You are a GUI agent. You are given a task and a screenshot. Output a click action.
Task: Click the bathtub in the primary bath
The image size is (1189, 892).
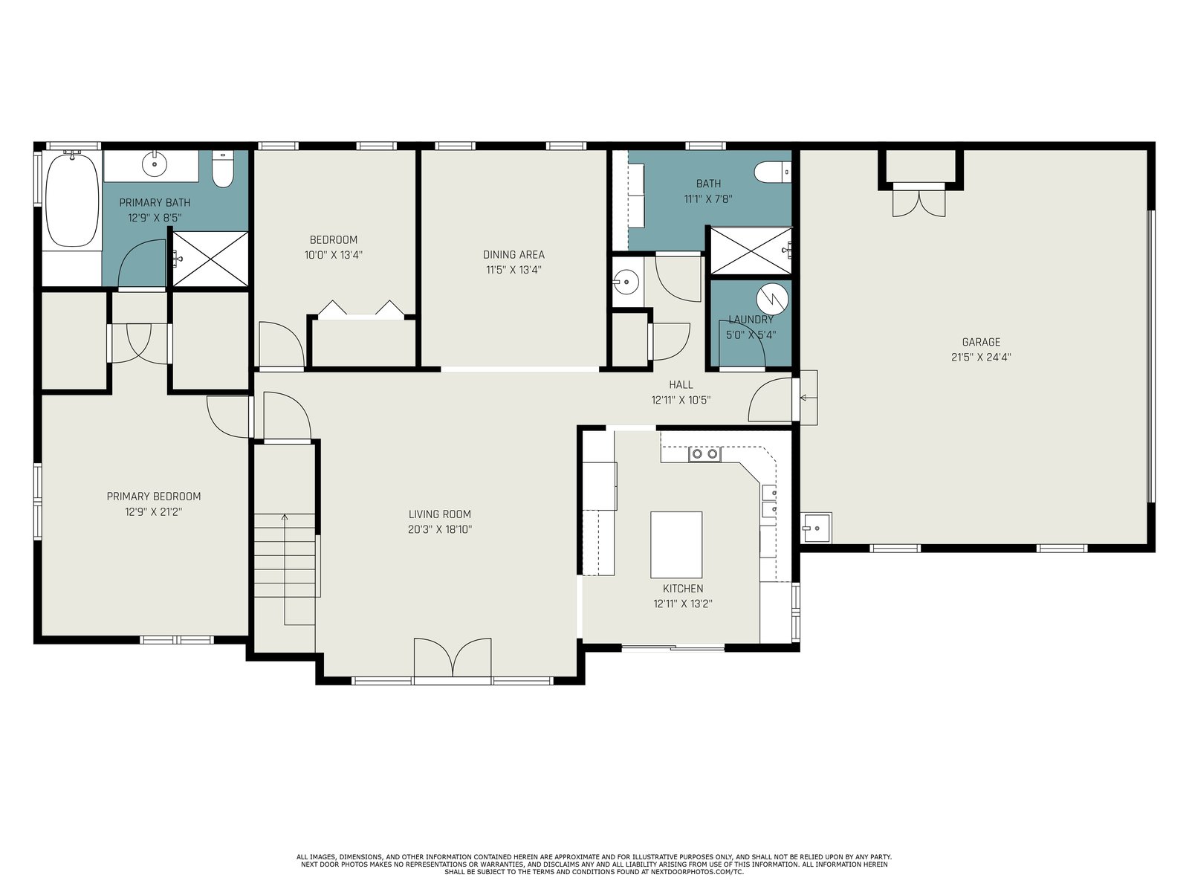click(73, 200)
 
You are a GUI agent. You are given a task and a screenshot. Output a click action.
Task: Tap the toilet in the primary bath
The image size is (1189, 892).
click(222, 169)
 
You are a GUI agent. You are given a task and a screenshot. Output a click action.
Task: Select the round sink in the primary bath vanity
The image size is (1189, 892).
click(155, 164)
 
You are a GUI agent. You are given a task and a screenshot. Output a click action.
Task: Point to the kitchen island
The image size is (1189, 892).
click(676, 545)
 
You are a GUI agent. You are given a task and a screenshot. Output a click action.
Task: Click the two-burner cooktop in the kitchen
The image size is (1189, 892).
click(704, 454)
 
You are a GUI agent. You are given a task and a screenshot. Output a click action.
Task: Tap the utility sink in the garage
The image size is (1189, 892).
click(816, 528)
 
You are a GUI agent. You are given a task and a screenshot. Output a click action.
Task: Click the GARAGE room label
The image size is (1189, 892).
click(981, 342)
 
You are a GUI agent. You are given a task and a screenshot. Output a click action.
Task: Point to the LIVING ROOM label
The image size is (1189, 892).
click(440, 514)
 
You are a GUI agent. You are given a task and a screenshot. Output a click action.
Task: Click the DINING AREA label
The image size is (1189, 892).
click(513, 254)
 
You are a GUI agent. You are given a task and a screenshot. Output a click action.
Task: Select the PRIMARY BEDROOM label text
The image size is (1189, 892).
click(154, 496)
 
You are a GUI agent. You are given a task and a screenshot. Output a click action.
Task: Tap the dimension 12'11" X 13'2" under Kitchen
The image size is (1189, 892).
click(682, 604)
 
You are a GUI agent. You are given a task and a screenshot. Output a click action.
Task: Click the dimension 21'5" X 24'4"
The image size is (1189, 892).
click(981, 358)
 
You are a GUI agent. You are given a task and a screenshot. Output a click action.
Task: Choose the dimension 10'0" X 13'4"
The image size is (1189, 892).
click(334, 254)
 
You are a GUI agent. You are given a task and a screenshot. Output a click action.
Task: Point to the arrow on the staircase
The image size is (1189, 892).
click(285, 569)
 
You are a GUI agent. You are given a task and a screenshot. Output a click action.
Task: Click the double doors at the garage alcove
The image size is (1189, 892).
click(919, 201)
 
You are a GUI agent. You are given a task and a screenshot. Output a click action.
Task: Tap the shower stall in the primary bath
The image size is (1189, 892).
click(210, 259)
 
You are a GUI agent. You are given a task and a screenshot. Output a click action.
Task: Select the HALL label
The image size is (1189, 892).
click(681, 384)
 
